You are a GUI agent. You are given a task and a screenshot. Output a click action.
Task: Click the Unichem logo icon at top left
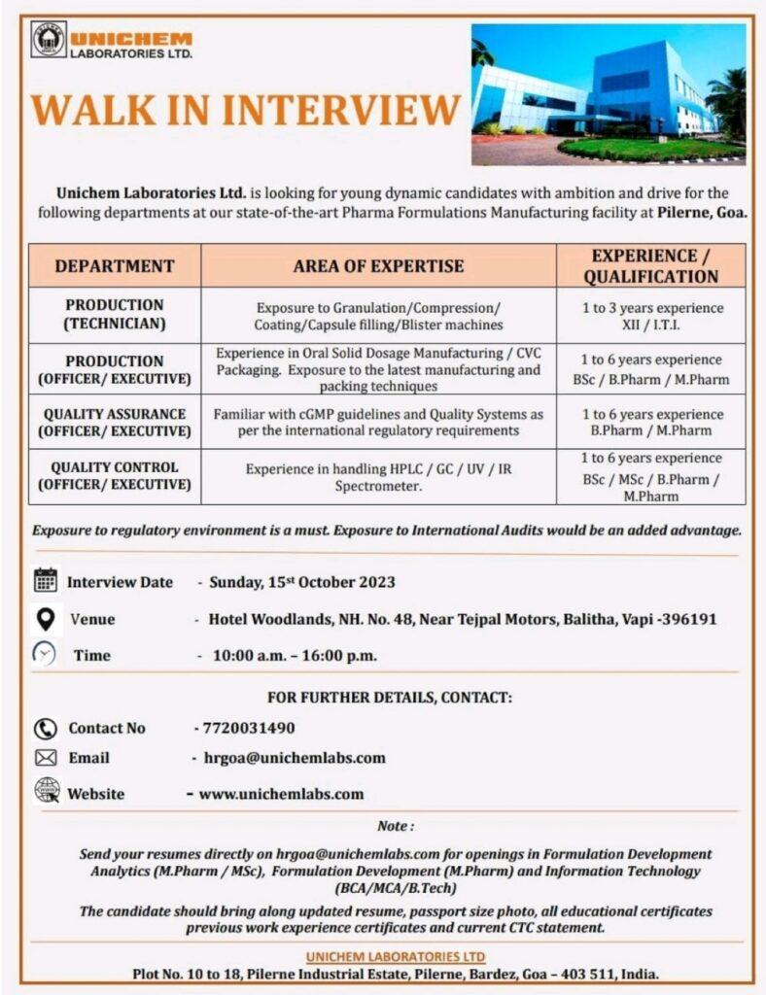click(x=49, y=39)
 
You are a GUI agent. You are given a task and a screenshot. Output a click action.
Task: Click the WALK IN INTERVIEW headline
click(x=246, y=110)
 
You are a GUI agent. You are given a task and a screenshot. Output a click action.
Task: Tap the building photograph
click(x=609, y=94)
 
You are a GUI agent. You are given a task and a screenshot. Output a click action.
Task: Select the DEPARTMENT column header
click(x=115, y=265)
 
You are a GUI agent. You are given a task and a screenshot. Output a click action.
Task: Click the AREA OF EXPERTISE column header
click(x=378, y=265)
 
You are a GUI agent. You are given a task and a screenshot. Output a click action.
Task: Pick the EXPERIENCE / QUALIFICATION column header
click(x=651, y=265)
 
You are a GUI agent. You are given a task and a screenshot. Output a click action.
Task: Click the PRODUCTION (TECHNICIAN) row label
click(x=115, y=314)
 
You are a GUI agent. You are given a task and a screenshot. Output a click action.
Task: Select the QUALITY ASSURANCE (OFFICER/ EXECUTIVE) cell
click(x=115, y=422)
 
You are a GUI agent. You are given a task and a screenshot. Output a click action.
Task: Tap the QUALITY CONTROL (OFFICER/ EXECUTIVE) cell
click(x=115, y=475)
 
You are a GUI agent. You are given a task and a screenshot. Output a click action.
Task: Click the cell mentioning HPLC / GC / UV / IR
click(x=378, y=476)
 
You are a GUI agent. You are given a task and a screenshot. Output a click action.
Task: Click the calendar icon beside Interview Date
click(x=46, y=581)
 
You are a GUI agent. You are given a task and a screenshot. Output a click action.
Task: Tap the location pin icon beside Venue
click(x=46, y=618)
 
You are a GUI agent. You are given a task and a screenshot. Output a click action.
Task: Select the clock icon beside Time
click(x=45, y=654)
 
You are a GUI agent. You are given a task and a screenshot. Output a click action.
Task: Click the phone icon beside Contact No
click(x=46, y=728)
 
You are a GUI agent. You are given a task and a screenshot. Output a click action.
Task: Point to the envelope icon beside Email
click(x=46, y=758)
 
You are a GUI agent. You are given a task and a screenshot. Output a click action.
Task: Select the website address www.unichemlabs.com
click(x=281, y=793)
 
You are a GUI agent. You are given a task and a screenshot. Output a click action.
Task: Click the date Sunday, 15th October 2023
click(x=303, y=582)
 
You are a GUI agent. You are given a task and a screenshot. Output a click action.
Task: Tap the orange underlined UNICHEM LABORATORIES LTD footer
click(x=396, y=957)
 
